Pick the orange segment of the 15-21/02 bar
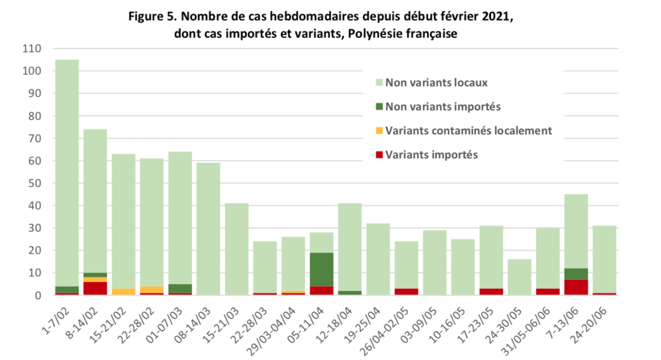[x=123, y=292]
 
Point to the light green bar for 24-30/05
[x=520, y=277]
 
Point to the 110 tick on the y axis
[x=32, y=49]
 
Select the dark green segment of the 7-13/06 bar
[x=577, y=274]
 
